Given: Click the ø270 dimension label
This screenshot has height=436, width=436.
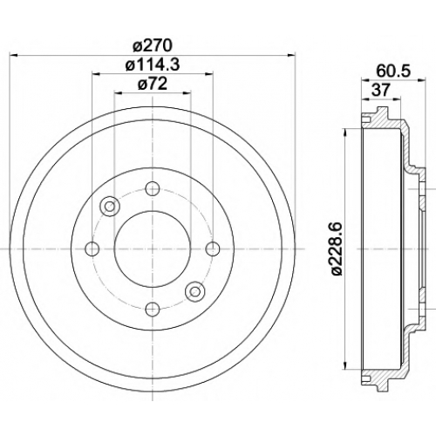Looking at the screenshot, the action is pyautogui.click(x=153, y=46).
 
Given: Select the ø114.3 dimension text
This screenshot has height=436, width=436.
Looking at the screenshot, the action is pyautogui.click(x=153, y=65).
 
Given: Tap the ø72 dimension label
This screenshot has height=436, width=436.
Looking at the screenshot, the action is pyautogui.click(x=153, y=84).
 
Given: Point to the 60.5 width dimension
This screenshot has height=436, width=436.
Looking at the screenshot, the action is pyautogui.click(x=393, y=71).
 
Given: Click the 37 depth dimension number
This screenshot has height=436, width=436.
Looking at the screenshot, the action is pyautogui.click(x=380, y=91).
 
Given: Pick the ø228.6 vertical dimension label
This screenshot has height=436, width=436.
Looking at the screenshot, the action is pyautogui.click(x=337, y=249).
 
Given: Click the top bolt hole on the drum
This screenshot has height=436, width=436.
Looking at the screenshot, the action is pyautogui.click(x=153, y=188).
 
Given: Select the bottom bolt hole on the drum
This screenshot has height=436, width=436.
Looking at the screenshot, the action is pyautogui.click(x=153, y=310).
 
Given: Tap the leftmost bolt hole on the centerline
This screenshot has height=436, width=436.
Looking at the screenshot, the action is pyautogui.click(x=92, y=249).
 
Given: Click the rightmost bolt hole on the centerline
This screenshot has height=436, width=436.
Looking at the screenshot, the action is pyautogui.click(x=213, y=249).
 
